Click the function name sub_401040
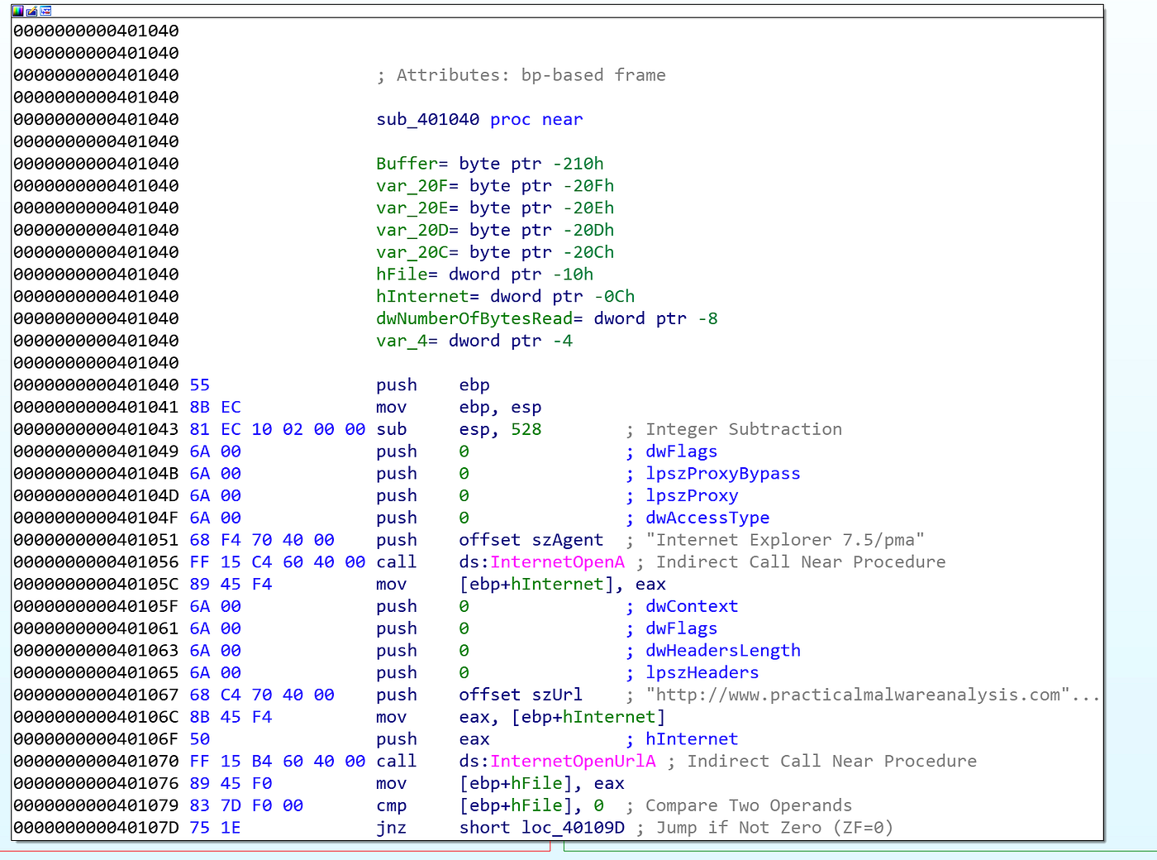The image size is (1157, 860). click(428, 120)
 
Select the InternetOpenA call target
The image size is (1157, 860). click(557, 561)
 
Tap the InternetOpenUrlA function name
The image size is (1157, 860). click(573, 762)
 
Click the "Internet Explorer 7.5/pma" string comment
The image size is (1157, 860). click(785, 540)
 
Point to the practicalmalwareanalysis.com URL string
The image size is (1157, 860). click(872, 695)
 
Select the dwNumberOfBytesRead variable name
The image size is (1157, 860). click(474, 319)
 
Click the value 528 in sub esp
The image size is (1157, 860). click(526, 430)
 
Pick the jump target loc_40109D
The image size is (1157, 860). click(573, 828)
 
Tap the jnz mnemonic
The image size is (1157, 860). click(391, 828)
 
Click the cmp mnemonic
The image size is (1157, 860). click(391, 805)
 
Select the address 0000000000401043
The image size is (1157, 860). click(96, 430)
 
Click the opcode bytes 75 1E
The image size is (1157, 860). click(215, 828)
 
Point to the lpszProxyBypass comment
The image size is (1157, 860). click(723, 474)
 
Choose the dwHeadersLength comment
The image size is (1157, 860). click(723, 651)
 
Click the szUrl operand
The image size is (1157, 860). click(557, 695)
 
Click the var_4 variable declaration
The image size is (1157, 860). click(474, 341)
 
